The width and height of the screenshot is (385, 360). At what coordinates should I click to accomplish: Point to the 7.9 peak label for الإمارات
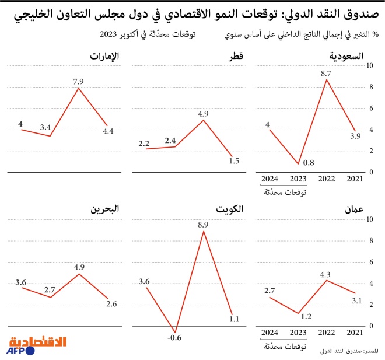coord(79,82)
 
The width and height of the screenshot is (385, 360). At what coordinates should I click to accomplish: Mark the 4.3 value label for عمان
coord(326,273)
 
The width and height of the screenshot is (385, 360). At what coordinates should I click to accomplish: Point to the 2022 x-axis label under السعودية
coord(326,179)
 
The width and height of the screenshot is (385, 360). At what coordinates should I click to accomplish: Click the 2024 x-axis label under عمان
coord(270,333)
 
